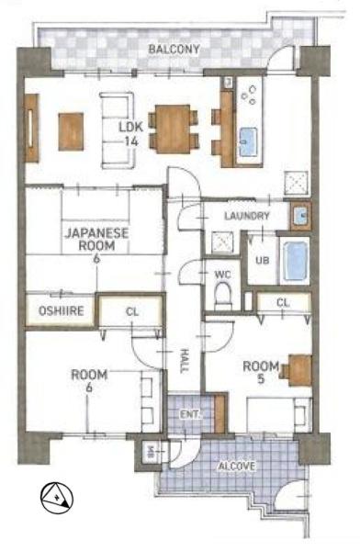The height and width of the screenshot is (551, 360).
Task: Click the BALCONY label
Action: coord(174,49)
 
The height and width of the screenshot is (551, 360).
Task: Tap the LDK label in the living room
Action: coord(130,127)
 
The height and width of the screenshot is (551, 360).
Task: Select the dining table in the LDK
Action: coord(173,129)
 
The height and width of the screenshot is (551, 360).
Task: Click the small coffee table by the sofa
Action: coord(71,131)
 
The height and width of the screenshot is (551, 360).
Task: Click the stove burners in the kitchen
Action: coord(249,95)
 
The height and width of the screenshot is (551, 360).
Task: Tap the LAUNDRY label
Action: coord(247,216)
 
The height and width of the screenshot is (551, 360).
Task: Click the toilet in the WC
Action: coord(222,295)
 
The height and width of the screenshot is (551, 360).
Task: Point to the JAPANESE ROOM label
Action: coord(96,240)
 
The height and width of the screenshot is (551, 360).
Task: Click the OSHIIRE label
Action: coord(62,310)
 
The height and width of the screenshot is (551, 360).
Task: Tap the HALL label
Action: coord(185,361)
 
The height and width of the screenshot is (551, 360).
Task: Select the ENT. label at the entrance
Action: coord(191,414)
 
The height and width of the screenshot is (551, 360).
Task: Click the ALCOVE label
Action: coord(237,467)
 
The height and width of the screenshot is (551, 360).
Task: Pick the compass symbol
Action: coord(57,499)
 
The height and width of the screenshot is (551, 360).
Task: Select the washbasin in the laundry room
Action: coord(300,216)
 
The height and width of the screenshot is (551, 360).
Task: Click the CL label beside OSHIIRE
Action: coord(132,311)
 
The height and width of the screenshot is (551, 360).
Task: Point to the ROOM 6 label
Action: coord(89,380)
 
